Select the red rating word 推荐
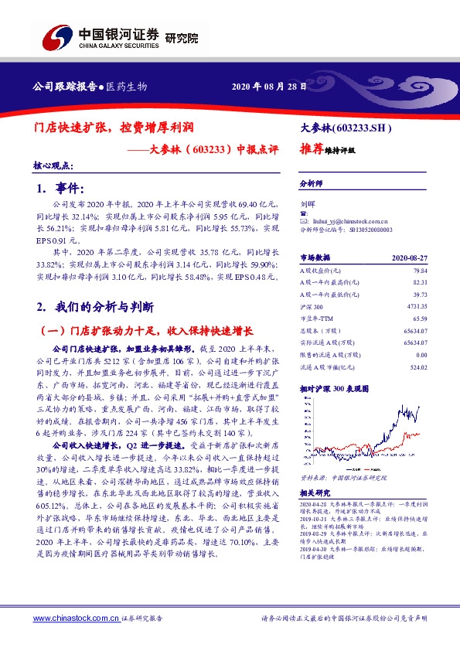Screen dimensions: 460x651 point(312,151)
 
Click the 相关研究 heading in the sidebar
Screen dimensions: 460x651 point(315,492)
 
